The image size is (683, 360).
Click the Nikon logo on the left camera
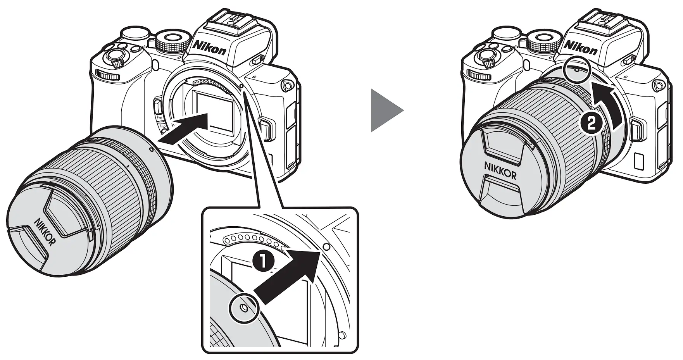(209, 47)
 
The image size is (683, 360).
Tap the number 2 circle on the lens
(589, 124)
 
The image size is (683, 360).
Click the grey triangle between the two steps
(386, 110)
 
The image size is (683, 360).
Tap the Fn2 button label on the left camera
(162, 127)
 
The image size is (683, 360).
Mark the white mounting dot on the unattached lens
(151, 149)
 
